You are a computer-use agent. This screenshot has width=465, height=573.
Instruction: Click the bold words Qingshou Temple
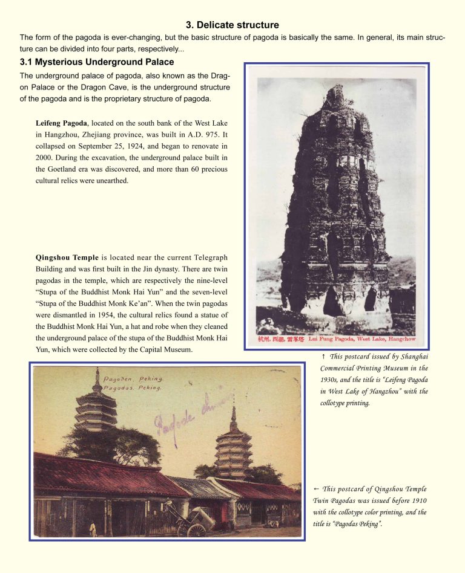coord(67,258)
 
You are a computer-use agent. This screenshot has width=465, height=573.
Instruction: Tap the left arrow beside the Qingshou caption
coord(316,488)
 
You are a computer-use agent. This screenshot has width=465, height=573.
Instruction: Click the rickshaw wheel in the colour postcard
coord(197,530)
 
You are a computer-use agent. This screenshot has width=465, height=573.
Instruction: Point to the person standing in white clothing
coord(93,529)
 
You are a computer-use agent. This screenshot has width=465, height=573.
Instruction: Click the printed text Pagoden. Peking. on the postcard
coord(133,379)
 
